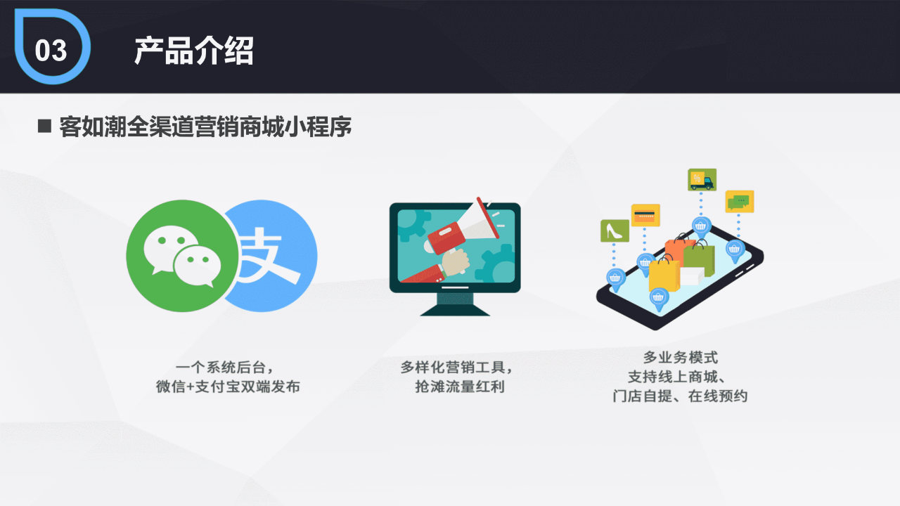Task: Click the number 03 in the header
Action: coord(51,51)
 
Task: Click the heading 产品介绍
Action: coord(193,51)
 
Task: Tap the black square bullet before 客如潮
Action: coord(45,126)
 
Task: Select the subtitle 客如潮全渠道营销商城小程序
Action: coord(205,127)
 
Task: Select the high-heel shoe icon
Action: coord(615,231)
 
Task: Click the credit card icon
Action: coord(645,215)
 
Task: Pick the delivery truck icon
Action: coord(702,180)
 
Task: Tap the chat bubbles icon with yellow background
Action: coord(739,202)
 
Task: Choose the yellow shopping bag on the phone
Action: coord(663,275)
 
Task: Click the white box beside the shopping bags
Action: coord(690,277)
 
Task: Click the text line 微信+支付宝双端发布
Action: coord(228,387)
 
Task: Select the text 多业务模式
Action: coord(681,358)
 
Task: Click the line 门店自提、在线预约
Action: coord(680,396)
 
